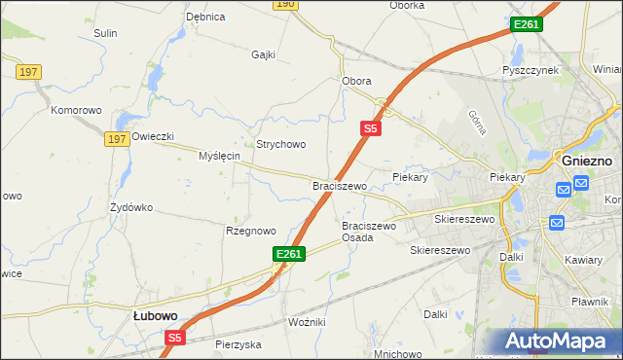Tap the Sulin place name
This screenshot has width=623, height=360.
tap(105, 33)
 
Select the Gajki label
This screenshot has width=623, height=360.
tap(264, 54)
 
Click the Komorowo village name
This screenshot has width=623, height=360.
tap(77, 111)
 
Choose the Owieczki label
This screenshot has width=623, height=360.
tap(153, 136)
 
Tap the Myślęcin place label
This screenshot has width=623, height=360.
tap(219, 156)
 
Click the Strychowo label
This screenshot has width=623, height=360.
tap(281, 144)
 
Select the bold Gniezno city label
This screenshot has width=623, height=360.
tap(586, 160)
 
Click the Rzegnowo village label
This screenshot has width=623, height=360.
tap(251, 231)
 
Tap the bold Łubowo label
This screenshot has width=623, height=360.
tap(154, 316)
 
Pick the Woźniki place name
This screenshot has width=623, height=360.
tap(307, 321)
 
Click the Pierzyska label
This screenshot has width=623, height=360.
tap(238, 344)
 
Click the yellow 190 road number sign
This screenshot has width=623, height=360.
tap(284, 5)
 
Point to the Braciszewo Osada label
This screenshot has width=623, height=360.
tap(369, 232)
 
